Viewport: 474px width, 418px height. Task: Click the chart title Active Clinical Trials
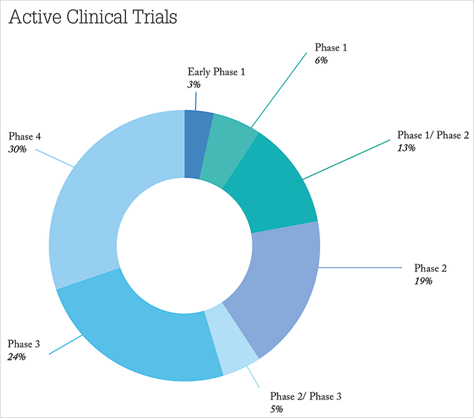[93, 17]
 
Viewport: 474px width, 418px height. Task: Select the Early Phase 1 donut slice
[197, 144]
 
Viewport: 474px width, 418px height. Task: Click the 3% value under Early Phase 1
[194, 85]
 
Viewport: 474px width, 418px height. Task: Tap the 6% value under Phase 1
[321, 60]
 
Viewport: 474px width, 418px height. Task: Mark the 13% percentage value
[406, 148]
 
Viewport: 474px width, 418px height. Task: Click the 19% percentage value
[423, 281]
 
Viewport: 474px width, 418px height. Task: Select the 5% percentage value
[276, 409]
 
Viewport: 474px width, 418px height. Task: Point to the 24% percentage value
[17, 356]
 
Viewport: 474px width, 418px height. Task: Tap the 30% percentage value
[17, 149]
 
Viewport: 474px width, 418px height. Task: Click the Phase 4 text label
[24, 136]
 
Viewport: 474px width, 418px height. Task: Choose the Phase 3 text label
[24, 344]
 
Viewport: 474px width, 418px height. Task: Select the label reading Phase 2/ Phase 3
[305, 396]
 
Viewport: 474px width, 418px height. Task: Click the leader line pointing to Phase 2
[360, 268]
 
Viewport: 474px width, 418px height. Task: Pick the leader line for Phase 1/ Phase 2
[339, 163]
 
